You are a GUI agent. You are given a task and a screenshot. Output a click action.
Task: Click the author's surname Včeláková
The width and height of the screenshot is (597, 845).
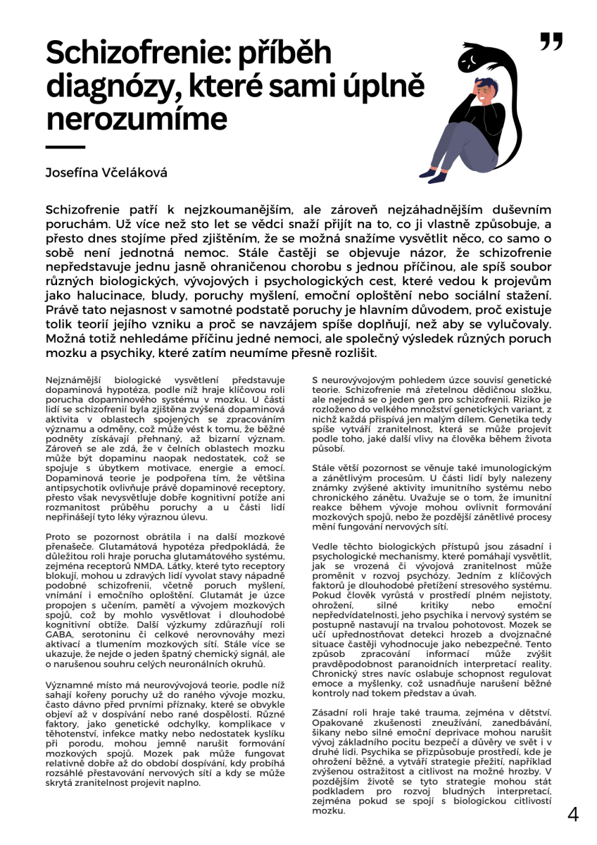(x=135, y=173)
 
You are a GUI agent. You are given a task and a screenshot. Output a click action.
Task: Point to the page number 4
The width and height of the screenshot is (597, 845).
(x=573, y=815)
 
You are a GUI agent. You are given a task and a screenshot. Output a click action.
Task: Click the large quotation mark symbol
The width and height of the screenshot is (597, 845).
(x=551, y=42)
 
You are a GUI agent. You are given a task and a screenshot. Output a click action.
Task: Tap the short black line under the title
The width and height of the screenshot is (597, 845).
(x=65, y=147)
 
